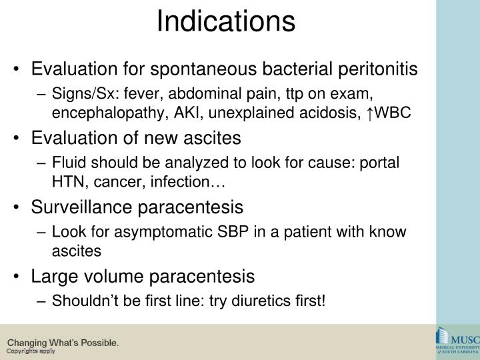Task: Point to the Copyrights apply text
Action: [x=31, y=351]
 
